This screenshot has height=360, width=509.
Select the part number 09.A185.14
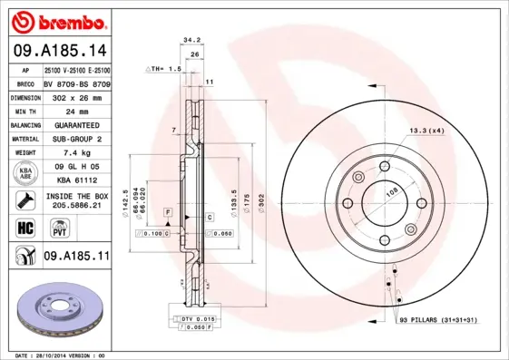click(x=59, y=51)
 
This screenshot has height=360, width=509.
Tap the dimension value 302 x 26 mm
click(x=76, y=95)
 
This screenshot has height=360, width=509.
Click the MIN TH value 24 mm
click(x=76, y=110)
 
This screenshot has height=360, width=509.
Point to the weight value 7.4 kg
click(x=76, y=153)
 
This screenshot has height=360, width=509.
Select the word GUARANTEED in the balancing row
click(x=76, y=124)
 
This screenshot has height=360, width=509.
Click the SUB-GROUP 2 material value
click(x=76, y=139)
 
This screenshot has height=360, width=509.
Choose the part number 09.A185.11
click(x=76, y=258)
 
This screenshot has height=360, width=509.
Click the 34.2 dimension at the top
click(x=191, y=40)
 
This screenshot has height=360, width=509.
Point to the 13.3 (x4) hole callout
click(x=425, y=131)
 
